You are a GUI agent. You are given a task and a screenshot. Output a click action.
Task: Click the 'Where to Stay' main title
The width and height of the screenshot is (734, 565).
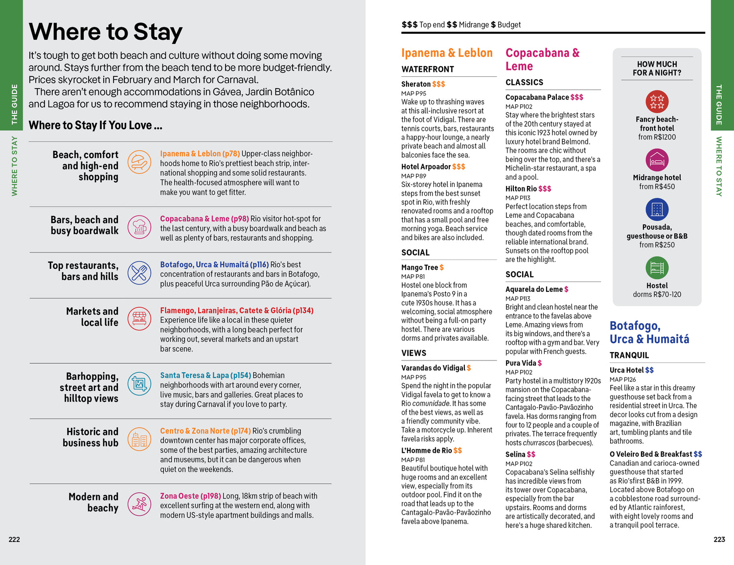(105, 32)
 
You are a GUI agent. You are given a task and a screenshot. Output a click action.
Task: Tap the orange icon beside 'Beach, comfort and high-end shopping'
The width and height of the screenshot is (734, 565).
(139, 162)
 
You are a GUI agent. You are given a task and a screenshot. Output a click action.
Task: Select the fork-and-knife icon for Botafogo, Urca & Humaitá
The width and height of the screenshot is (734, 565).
(139, 273)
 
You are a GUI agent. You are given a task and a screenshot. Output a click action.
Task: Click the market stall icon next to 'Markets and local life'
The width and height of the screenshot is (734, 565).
(139, 319)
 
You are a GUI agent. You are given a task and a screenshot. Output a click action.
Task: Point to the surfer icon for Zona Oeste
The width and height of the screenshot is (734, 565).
(139, 504)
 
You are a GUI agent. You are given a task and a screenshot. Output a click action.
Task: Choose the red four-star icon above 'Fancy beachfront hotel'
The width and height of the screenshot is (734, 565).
(657, 102)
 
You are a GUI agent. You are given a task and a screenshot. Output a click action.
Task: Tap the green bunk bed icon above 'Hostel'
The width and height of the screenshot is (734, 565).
(657, 268)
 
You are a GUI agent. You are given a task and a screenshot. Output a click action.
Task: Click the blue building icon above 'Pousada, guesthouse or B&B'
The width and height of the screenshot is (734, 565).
(657, 210)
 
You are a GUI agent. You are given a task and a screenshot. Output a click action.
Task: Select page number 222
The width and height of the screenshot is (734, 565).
(14, 540)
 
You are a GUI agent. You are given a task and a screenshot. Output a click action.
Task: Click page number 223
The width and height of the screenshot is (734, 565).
(719, 540)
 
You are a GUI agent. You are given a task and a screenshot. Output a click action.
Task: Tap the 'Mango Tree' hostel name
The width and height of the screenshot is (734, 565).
(419, 267)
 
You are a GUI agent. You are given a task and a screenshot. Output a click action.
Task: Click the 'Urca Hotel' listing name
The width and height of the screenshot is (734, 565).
(626, 370)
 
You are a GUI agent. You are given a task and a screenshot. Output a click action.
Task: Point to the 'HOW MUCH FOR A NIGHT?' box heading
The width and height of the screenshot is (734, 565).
(657, 69)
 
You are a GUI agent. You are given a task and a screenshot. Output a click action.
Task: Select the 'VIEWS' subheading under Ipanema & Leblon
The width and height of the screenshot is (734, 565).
(414, 353)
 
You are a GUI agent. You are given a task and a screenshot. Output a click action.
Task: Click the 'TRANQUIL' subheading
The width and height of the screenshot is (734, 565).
(629, 355)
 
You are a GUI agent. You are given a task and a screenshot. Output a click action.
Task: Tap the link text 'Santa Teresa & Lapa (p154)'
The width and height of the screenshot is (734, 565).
(206, 376)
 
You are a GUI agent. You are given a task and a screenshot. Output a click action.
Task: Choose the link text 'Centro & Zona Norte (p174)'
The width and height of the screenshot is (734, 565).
(206, 431)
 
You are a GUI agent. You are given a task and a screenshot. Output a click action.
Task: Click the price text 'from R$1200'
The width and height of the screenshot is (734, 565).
(657, 137)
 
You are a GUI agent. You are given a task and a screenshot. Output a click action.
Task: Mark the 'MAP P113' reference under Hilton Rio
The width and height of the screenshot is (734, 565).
(518, 198)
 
